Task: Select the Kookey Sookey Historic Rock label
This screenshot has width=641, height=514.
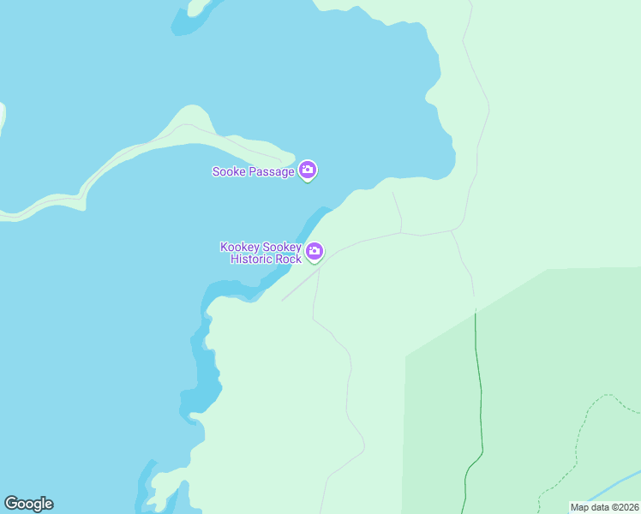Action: point(261,253)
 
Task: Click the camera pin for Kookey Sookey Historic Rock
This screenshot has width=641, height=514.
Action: point(315,251)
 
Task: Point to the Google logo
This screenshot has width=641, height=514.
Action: point(28,504)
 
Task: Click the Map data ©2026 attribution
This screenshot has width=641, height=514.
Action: point(604,507)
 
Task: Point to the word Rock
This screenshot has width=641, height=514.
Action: point(289,259)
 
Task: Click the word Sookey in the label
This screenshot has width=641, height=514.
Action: point(282,247)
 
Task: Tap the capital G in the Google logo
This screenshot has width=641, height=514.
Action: point(12,504)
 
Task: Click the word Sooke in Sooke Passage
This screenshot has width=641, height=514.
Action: point(228,171)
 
